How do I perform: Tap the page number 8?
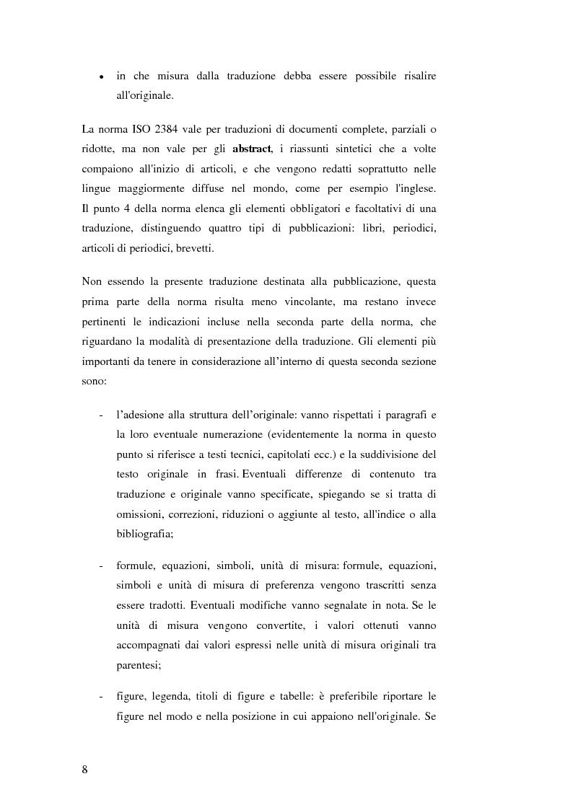point(85,769)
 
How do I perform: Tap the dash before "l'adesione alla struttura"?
point(100,417)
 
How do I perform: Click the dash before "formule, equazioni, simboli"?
point(100,565)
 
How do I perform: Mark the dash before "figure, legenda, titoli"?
point(100,696)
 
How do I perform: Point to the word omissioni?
point(139,514)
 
